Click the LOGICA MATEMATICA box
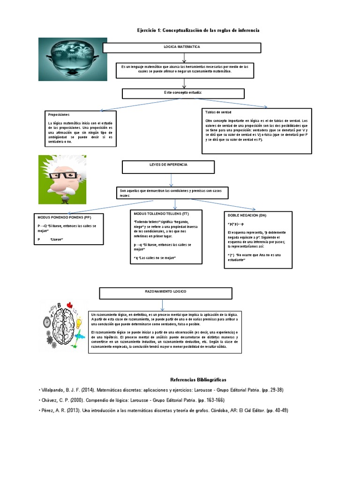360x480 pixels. [181, 48]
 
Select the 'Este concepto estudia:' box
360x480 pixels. [183, 93]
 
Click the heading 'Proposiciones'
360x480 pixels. [59, 114]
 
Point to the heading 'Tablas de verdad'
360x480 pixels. [217, 112]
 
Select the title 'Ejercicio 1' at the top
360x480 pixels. [198, 30]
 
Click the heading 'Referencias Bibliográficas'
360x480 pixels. [198, 380]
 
